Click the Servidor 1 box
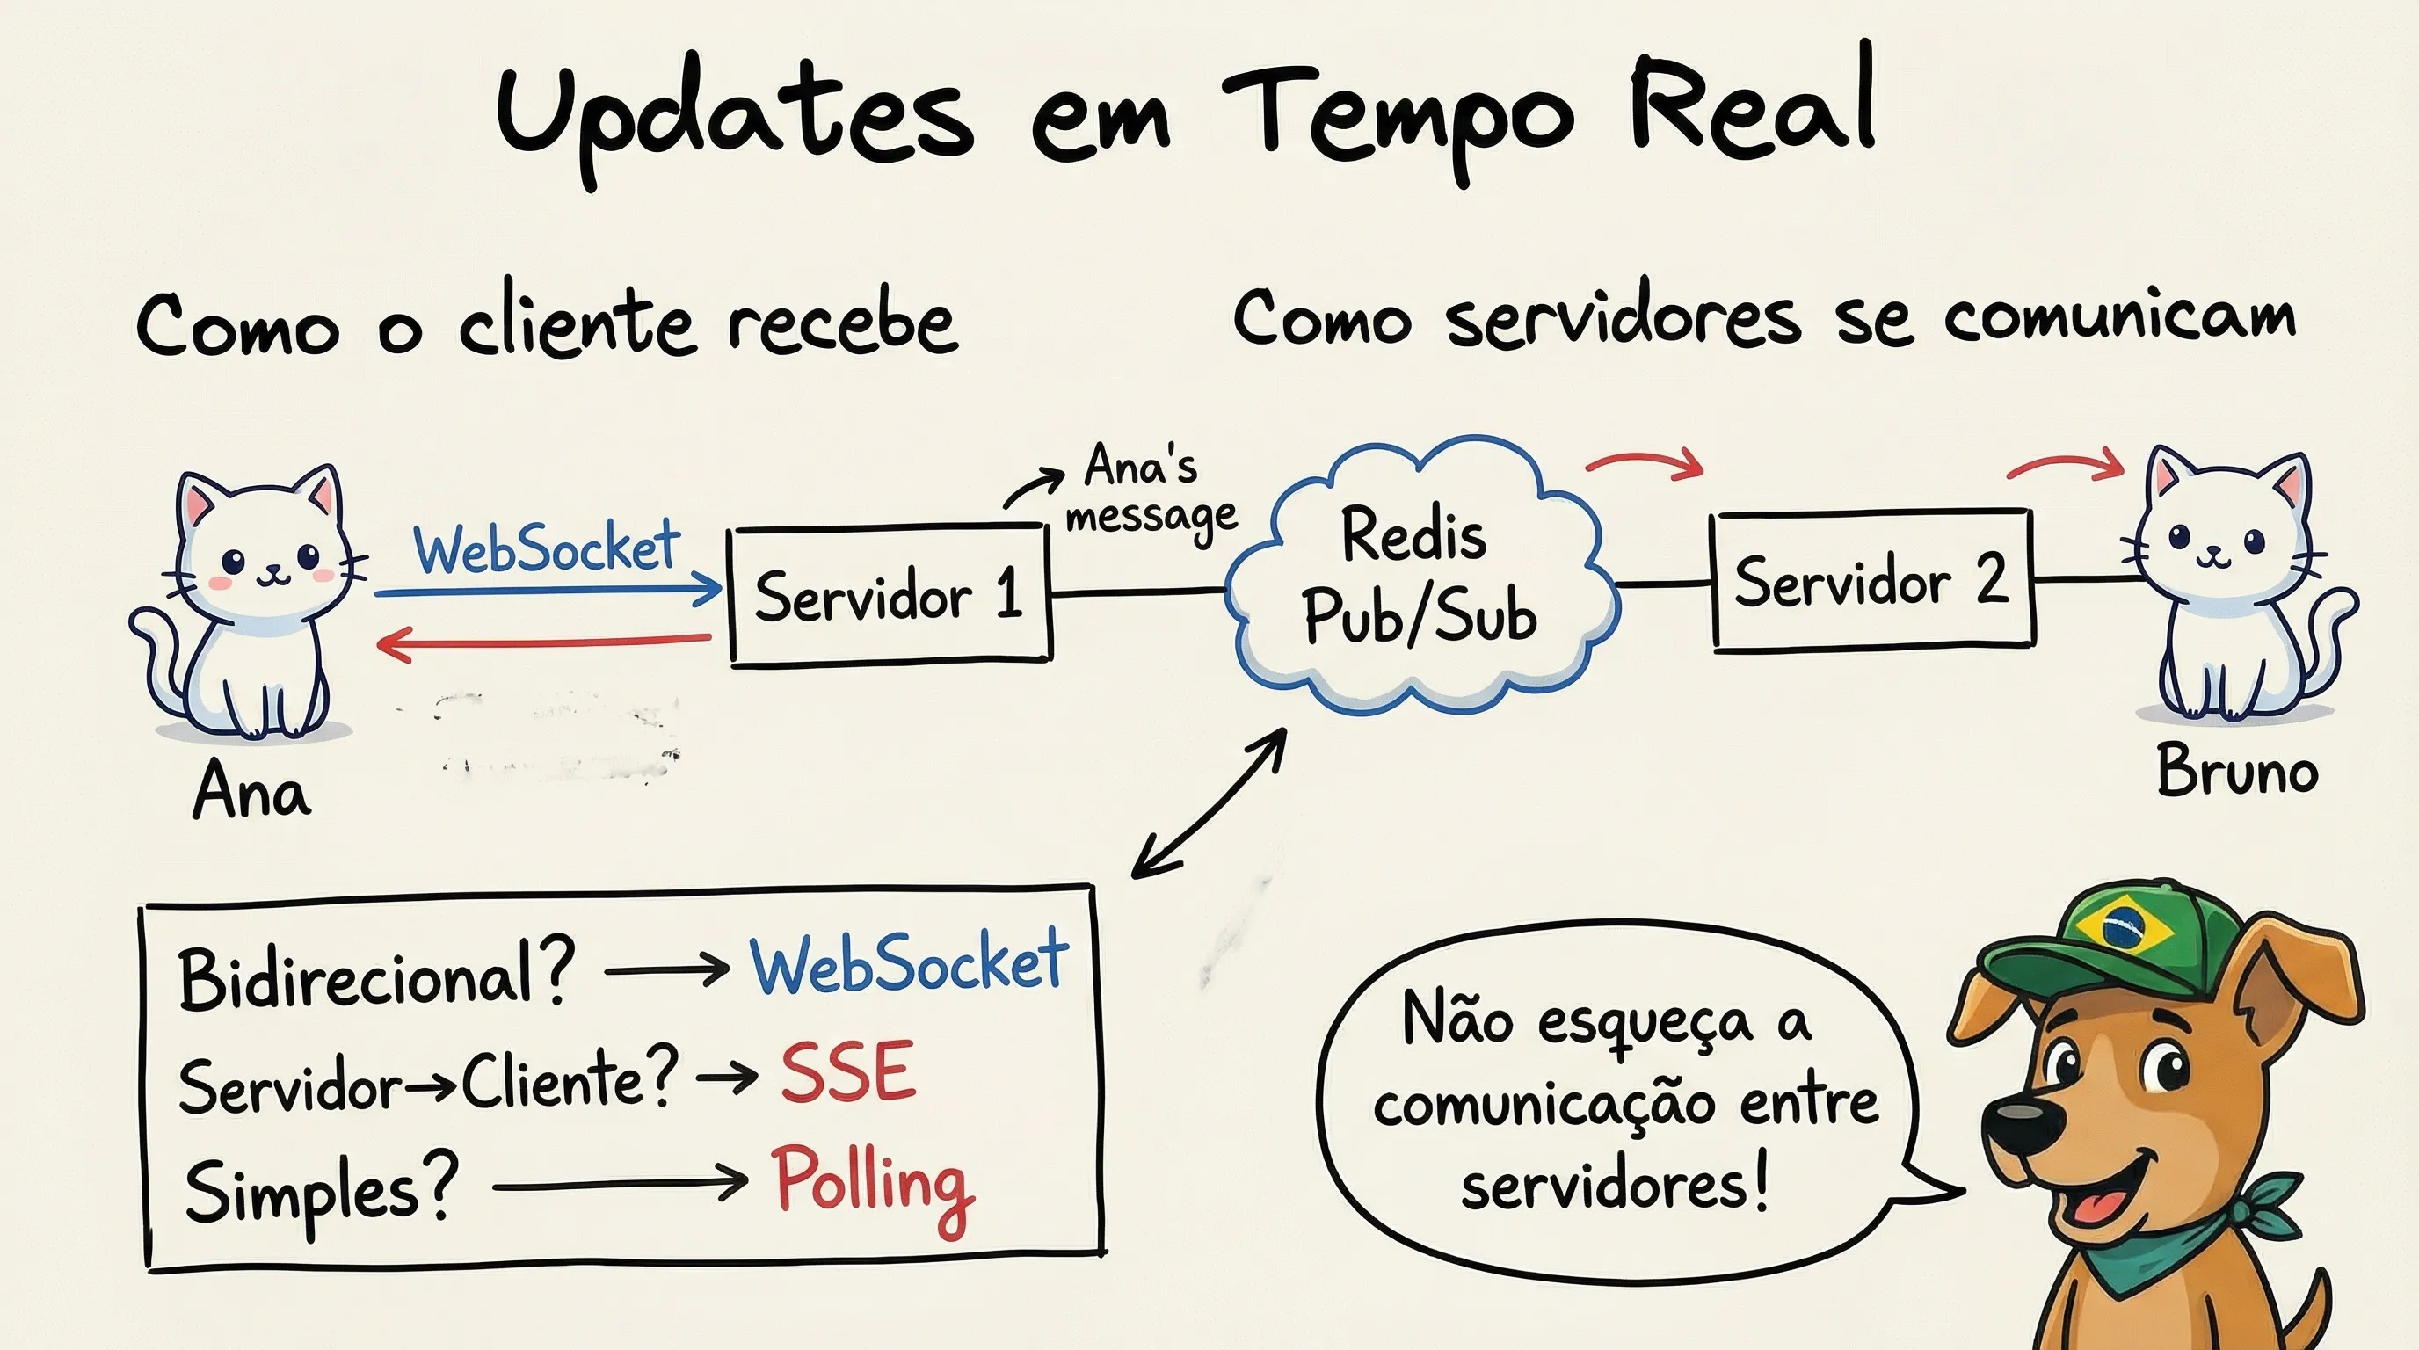[890, 595]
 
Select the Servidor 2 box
[1872, 580]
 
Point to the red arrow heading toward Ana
[542, 643]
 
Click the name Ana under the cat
[251, 791]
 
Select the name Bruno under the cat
[2237, 772]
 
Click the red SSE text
[848, 1073]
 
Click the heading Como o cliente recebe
[547, 324]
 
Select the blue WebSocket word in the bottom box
[909, 963]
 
